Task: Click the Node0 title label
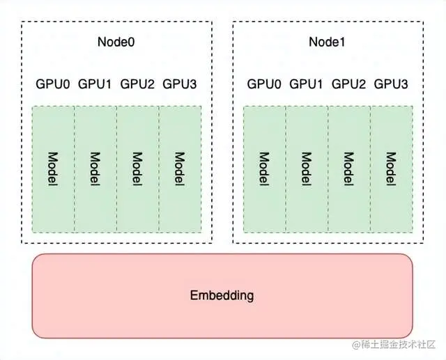point(116,42)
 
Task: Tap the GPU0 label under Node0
point(53,84)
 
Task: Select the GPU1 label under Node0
point(95,84)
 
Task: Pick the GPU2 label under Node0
point(137,84)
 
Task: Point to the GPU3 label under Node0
point(180,84)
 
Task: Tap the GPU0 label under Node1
point(264,84)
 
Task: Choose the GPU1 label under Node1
point(306,84)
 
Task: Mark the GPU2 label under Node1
point(348,84)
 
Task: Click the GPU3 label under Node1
point(391,84)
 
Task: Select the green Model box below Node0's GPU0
point(53,169)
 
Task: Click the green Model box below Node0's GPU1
point(95,169)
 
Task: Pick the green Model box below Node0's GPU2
point(137,169)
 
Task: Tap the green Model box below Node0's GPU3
point(180,169)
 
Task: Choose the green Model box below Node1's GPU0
point(264,169)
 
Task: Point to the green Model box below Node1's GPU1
point(307,169)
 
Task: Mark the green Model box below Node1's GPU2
point(348,169)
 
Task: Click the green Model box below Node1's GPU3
point(391,169)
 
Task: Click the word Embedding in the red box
point(222,295)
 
